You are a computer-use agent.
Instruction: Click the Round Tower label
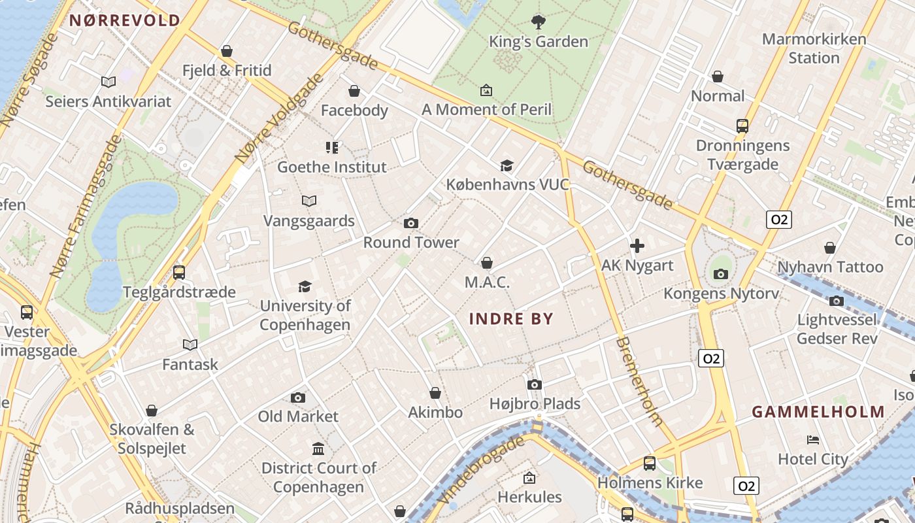click(411, 243)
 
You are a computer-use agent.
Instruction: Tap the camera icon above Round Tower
click(411, 224)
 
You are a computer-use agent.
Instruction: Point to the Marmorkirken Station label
click(814, 48)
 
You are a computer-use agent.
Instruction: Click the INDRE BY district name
click(512, 319)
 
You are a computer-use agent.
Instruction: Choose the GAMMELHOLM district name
click(818, 412)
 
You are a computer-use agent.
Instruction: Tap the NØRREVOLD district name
click(124, 20)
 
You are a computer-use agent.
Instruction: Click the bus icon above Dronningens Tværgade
click(742, 126)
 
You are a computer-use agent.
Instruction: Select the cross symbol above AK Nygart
click(637, 246)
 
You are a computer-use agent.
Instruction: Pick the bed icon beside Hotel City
click(813, 439)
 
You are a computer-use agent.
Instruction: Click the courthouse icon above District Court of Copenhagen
click(318, 448)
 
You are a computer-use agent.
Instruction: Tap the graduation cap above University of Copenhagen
click(305, 286)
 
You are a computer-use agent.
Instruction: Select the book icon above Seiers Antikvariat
click(108, 82)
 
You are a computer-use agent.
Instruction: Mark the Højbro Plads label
click(535, 404)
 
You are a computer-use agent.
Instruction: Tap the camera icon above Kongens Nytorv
click(721, 274)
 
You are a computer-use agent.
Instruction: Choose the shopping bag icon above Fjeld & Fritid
click(227, 51)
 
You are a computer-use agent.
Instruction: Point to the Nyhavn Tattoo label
click(830, 267)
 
